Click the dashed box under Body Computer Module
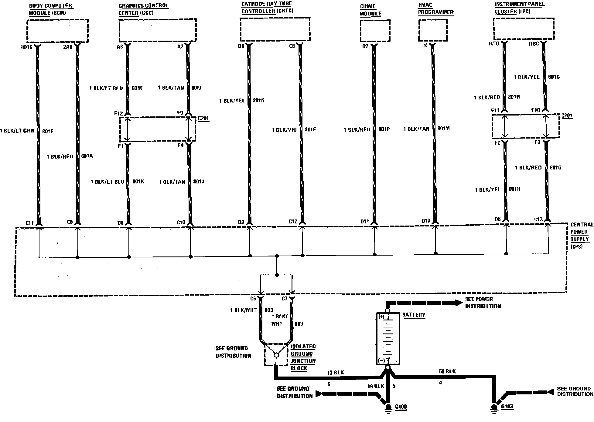[x=57, y=31]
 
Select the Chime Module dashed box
[x=375, y=31]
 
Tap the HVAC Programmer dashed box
[x=432, y=30]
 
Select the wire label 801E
[x=48, y=131]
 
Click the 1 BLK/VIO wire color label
[x=284, y=130]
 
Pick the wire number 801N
[x=258, y=100]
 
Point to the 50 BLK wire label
[x=447, y=371]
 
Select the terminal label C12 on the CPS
[x=293, y=222]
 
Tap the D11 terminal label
[x=364, y=222]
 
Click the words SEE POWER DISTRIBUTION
[x=483, y=303]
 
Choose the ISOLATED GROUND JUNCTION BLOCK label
[x=303, y=357]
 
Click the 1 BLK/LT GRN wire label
[x=17, y=131]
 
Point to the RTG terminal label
[x=494, y=44]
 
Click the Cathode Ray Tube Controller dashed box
[x=275, y=29]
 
